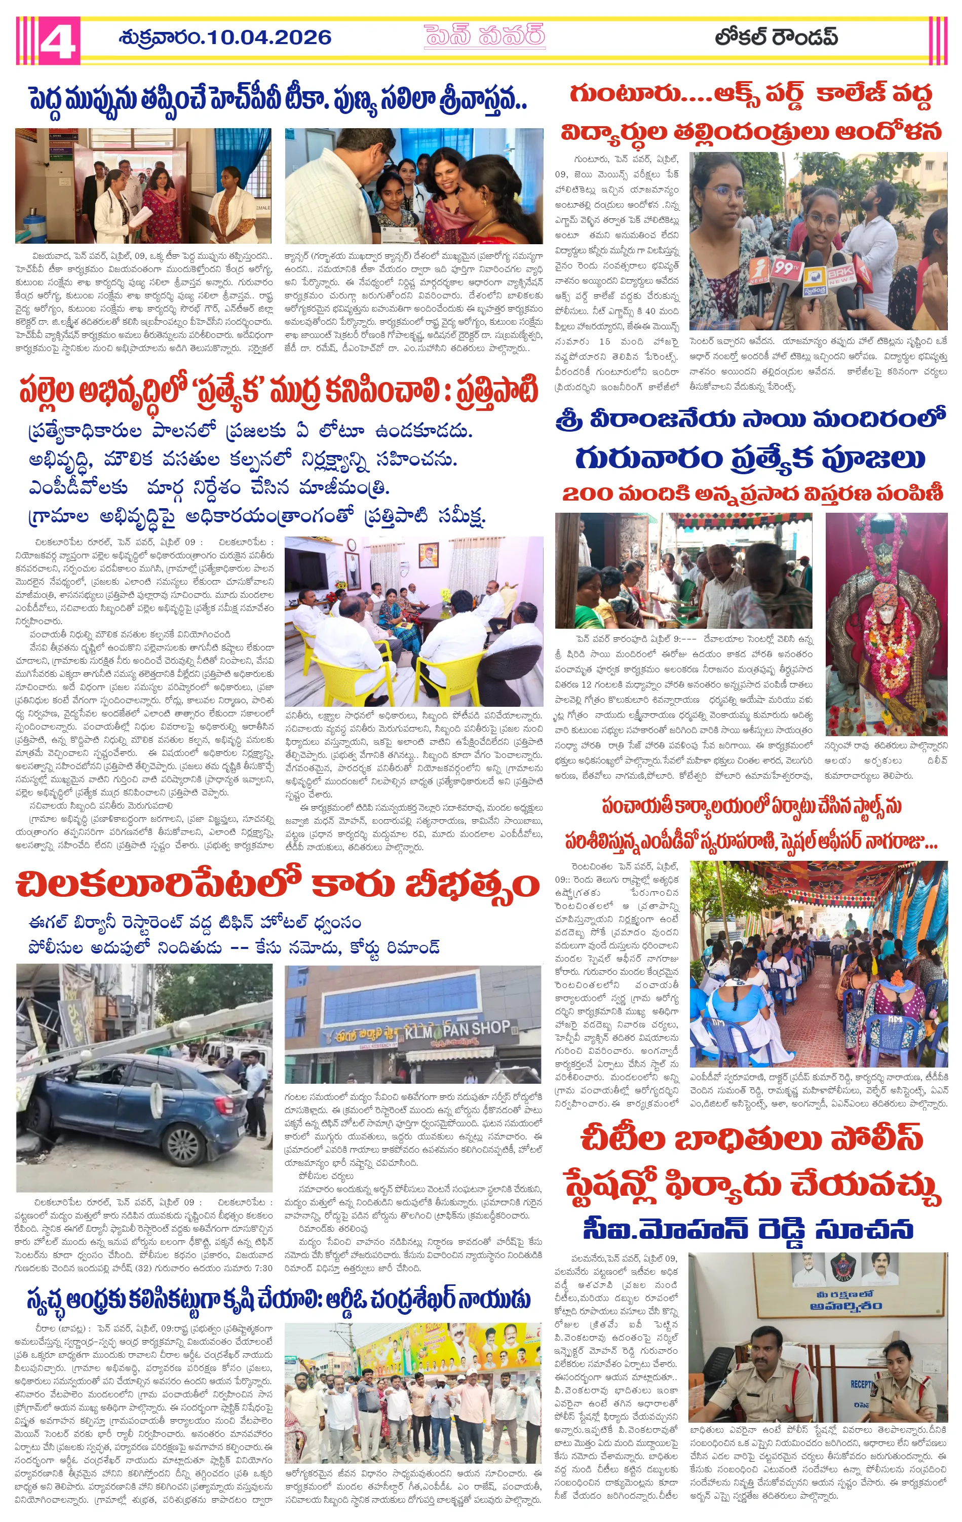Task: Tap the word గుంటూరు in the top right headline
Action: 625,94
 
